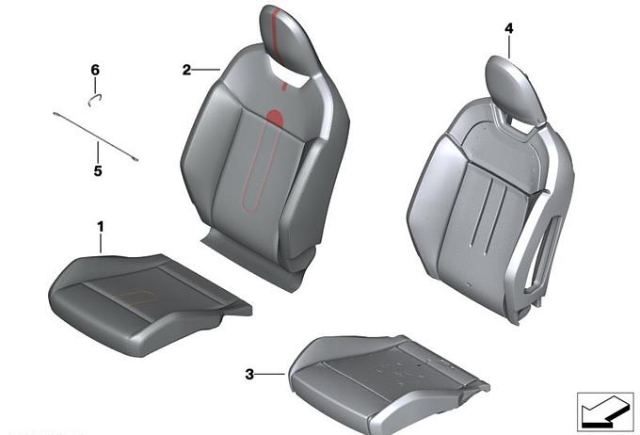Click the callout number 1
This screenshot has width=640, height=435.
click(101, 227)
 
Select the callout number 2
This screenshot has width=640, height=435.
click(186, 70)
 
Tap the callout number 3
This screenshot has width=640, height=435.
click(249, 374)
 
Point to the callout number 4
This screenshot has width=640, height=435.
click(509, 28)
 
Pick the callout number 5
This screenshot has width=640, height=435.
click(98, 170)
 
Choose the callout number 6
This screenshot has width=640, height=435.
click(95, 70)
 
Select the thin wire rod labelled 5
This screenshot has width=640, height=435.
click(95, 137)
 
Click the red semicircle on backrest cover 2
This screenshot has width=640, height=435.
click(275, 118)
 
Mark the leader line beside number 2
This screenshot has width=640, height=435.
click(206, 70)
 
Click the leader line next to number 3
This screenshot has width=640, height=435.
click(270, 374)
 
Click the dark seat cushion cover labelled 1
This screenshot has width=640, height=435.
click(149, 304)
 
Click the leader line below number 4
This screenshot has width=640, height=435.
click(509, 47)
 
